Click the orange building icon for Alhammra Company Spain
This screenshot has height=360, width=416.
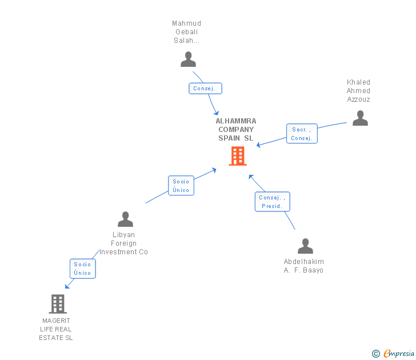[238, 156]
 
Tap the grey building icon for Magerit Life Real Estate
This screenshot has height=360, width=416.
[58, 304]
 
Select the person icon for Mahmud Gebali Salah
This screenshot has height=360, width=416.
[188, 59]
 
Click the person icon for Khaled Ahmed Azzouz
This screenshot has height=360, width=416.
[360, 118]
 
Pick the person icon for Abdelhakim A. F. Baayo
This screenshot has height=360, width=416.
[305, 246]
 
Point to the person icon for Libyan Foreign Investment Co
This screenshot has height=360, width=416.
[125, 219]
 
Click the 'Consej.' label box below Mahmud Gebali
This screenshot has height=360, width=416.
[205, 89]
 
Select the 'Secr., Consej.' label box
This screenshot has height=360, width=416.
[301, 134]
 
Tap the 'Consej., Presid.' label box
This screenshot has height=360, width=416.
[272, 202]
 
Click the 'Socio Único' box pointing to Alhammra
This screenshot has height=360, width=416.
[181, 186]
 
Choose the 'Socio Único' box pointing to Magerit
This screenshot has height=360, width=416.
[82, 269]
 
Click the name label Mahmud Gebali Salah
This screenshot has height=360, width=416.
[187, 32]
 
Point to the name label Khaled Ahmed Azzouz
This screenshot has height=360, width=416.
[358, 91]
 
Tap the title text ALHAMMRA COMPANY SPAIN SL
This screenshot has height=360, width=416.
[236, 130]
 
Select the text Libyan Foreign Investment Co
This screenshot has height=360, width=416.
[124, 243]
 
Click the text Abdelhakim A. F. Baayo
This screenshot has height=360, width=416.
[303, 266]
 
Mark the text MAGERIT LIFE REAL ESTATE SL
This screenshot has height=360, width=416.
[56, 329]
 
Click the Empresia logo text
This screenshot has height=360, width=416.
[399, 354]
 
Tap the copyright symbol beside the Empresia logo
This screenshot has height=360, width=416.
[375, 354]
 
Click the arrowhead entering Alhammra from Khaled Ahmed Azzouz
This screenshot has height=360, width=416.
[259, 146]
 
